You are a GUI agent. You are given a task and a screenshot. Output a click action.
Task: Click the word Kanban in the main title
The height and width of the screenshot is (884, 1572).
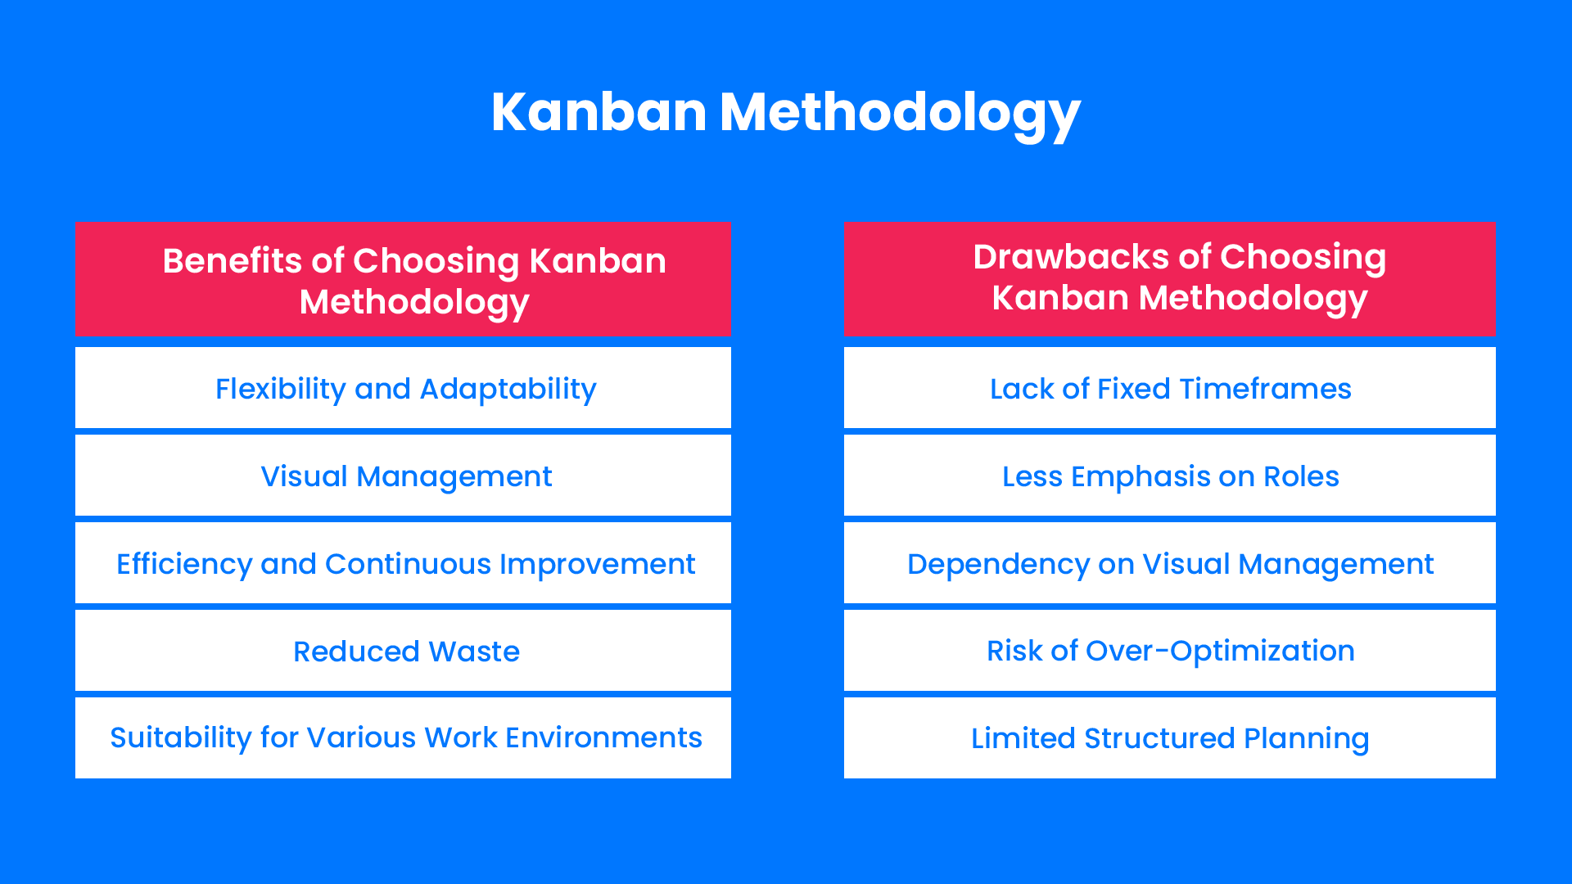(x=599, y=111)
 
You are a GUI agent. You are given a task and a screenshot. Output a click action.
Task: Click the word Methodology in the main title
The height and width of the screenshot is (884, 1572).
(x=900, y=113)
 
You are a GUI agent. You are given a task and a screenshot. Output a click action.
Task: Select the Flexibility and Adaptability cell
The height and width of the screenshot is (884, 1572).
(x=405, y=389)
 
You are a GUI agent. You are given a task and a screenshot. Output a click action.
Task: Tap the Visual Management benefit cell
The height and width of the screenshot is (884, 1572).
(x=405, y=476)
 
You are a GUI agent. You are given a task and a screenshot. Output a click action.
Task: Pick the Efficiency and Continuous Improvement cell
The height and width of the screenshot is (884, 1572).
(x=405, y=564)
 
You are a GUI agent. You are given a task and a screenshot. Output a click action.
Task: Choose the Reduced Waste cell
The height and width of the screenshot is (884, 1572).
(x=405, y=652)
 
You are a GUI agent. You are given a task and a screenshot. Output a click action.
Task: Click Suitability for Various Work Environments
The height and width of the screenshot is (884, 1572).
(x=405, y=737)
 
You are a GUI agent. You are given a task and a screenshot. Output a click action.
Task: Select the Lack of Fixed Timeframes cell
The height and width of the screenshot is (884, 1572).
(x=1170, y=389)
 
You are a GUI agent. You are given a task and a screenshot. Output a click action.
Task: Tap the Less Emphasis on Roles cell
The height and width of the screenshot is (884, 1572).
(x=1170, y=476)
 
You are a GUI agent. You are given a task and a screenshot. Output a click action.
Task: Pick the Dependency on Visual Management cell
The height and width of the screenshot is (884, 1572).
(x=1170, y=564)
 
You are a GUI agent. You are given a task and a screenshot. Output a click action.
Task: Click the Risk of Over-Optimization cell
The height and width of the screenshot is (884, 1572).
(x=1170, y=651)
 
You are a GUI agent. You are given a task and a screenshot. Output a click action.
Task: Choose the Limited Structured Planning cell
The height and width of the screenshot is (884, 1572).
(x=1170, y=738)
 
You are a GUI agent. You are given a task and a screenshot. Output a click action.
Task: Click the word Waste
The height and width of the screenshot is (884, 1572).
(x=474, y=652)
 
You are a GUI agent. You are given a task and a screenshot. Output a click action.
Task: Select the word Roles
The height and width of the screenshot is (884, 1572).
(x=1301, y=476)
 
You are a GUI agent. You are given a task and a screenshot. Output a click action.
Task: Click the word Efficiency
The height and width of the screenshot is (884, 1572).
(x=184, y=564)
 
